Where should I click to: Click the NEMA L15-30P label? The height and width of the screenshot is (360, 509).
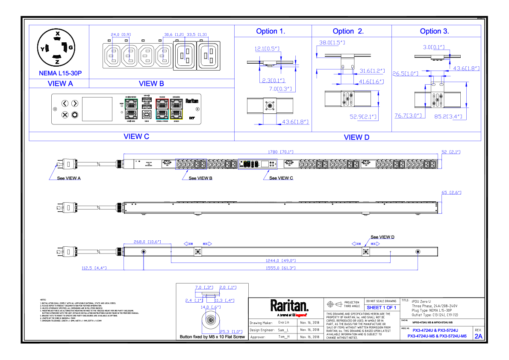coord(60,74)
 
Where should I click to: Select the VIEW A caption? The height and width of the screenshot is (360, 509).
coord(60,84)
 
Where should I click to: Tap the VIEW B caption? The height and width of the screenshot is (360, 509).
coord(151,84)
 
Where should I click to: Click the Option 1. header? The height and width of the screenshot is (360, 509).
coord(271,31)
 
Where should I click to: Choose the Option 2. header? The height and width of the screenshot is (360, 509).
coord(348,31)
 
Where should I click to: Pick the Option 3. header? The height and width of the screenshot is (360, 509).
coord(434,31)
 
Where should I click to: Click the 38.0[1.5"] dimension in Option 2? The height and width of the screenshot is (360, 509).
coord(332,43)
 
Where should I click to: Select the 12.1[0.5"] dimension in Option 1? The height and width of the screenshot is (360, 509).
coord(267,49)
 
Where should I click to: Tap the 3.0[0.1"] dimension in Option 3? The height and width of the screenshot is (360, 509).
coord(434,47)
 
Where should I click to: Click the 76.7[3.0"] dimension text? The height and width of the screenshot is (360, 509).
coord(408,115)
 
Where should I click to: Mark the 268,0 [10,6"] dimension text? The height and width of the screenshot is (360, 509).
coord(147,242)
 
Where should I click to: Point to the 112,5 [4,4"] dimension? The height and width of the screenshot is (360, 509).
coord(94,268)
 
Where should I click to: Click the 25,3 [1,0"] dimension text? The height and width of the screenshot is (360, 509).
coord(231,332)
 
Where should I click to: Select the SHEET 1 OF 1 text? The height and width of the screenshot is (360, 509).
coord(381,308)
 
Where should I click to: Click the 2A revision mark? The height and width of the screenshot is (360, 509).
coord(478,336)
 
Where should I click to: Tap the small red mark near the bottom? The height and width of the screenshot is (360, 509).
coord(301,316)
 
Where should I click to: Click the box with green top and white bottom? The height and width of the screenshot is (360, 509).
coord(131,109)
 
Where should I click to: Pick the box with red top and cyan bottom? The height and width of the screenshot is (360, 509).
coord(162,109)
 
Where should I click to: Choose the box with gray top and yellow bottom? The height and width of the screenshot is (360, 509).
coord(176,109)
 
